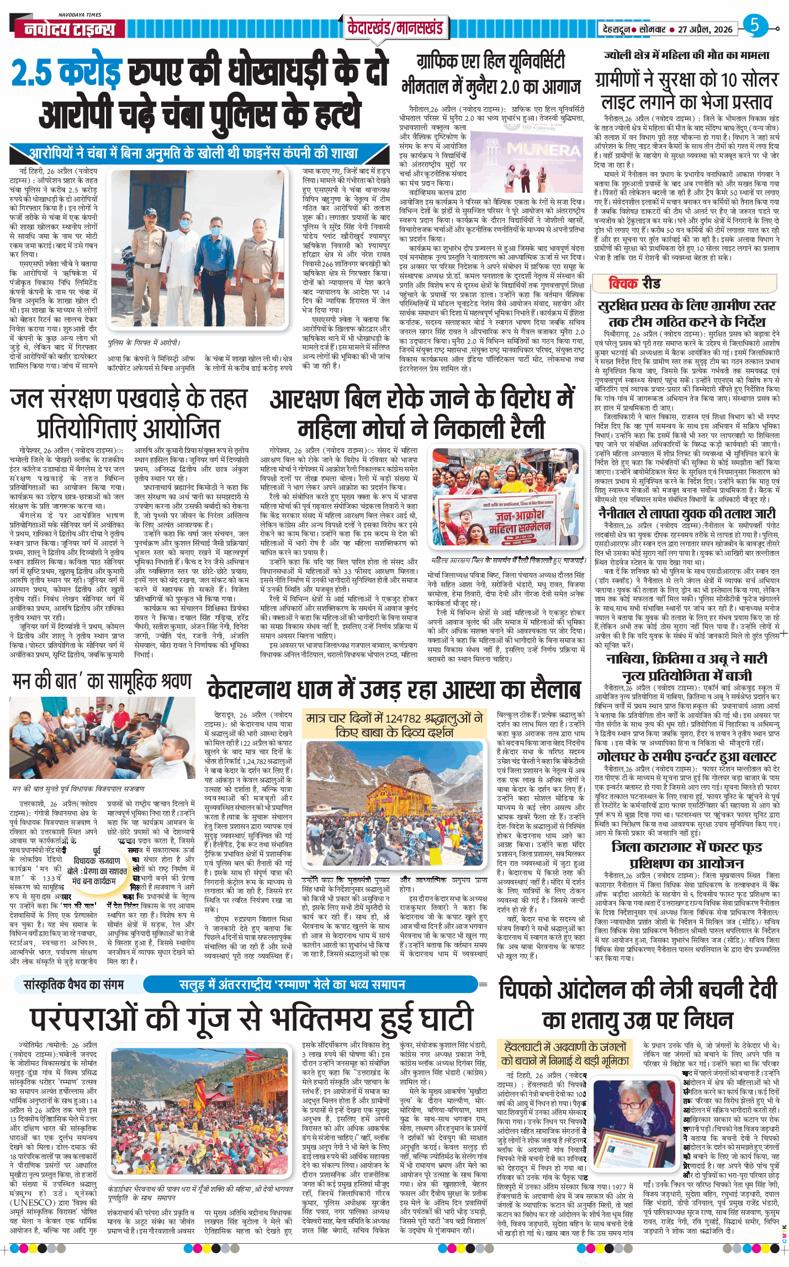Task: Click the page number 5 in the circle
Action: (x=755, y=25)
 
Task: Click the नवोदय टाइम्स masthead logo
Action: (x=70, y=29)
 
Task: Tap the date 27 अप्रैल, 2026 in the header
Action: (x=705, y=29)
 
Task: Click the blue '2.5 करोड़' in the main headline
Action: (x=66, y=73)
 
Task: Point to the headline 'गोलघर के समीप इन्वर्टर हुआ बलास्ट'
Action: (x=687, y=757)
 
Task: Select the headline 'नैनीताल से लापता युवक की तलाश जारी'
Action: (x=687, y=513)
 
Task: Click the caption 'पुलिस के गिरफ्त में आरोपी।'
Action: (x=144, y=343)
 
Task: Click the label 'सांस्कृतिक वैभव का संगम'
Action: (x=74, y=984)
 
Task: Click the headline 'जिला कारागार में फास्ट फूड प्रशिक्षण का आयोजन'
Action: (x=687, y=855)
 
